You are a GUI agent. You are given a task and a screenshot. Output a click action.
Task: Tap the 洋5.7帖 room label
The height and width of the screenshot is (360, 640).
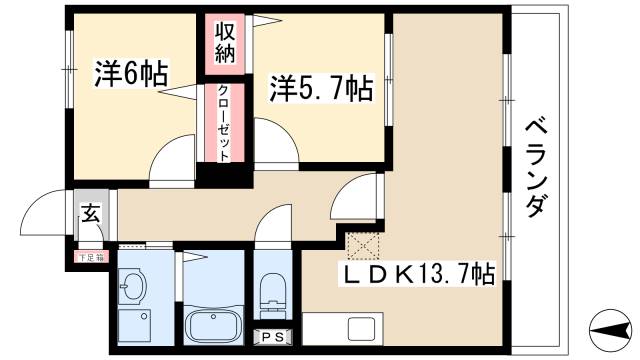pyautogui.click(x=320, y=90)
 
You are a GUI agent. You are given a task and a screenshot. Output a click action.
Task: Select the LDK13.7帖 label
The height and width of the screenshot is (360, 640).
pyautogui.click(x=421, y=272)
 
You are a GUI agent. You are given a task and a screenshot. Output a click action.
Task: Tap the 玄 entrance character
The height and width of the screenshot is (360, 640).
pyautogui.click(x=90, y=213)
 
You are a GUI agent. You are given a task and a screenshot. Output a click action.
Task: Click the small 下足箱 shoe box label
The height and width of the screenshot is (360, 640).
pyautogui.click(x=90, y=257)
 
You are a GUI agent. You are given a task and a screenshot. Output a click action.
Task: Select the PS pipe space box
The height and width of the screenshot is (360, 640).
pyautogui.click(x=271, y=337)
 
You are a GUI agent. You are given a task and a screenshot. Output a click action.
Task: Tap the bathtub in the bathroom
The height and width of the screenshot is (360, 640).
pyautogui.click(x=212, y=326)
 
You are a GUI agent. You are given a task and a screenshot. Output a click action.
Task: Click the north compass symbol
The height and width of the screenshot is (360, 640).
pyautogui.click(x=607, y=327)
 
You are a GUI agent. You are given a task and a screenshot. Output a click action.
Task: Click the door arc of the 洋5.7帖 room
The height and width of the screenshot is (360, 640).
pyautogui.click(x=276, y=140)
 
